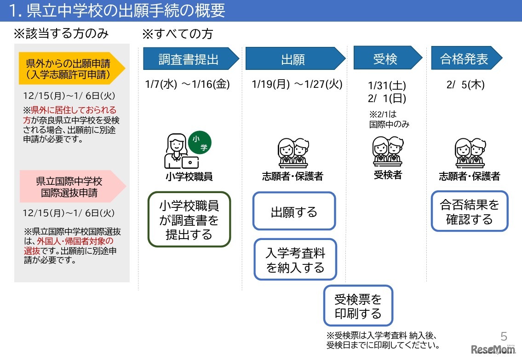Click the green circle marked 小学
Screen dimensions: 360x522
tap(200, 143)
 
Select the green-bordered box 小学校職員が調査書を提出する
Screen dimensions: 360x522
tap(189, 219)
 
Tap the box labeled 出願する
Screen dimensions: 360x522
tap(294, 211)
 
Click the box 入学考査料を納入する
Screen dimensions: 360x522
tap(295, 259)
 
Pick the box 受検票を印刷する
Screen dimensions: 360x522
tap(358, 306)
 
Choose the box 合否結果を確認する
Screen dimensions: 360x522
tap(469, 211)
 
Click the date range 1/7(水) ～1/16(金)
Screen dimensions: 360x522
tap(187, 84)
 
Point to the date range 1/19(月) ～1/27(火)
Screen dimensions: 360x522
tap(297, 84)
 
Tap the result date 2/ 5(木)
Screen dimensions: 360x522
tap(465, 85)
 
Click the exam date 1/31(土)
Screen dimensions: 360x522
tap(387, 86)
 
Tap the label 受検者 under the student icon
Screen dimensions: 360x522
tap(388, 175)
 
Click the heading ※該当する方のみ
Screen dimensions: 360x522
tap(61, 34)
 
